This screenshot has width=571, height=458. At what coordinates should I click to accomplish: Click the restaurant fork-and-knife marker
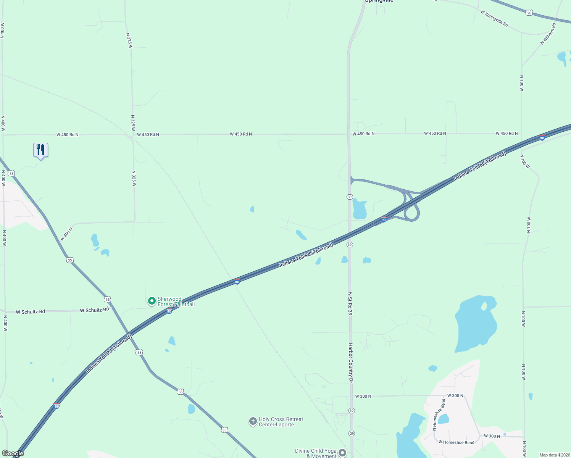click(40, 150)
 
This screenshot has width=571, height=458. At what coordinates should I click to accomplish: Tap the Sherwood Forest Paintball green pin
click(152, 301)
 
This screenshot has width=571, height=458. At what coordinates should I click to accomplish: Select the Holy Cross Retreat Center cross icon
click(253, 421)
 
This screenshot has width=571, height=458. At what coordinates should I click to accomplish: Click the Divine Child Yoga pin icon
click(342, 453)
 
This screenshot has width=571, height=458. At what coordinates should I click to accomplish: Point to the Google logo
click(13, 453)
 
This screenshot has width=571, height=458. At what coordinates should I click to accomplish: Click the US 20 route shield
click(529, 13)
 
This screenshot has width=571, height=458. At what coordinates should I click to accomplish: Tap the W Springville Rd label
click(494, 18)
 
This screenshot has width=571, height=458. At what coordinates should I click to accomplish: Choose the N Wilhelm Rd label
click(548, 34)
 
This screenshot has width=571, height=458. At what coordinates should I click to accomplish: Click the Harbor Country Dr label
click(350, 363)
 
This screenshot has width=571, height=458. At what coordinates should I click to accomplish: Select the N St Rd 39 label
click(350, 303)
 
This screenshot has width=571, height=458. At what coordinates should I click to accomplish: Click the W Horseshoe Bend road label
click(456, 442)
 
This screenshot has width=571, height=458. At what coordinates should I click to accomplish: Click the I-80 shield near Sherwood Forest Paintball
click(237, 282)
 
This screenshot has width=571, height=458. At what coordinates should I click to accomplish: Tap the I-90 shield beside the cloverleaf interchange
click(384, 219)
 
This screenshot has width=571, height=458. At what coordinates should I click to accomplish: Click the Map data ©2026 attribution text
click(554, 455)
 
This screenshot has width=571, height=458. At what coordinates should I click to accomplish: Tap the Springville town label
click(379, 1)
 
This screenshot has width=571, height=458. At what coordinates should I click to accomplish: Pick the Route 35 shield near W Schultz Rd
click(108, 299)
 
